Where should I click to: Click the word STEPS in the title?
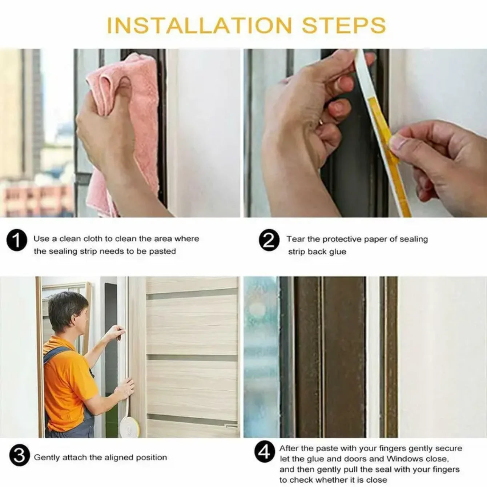[x=344, y=25]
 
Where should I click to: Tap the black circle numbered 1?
[x=17, y=241]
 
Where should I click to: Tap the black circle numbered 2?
[x=269, y=241]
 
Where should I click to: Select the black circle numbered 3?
[x=19, y=456]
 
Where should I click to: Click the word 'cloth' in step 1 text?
[x=93, y=239]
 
